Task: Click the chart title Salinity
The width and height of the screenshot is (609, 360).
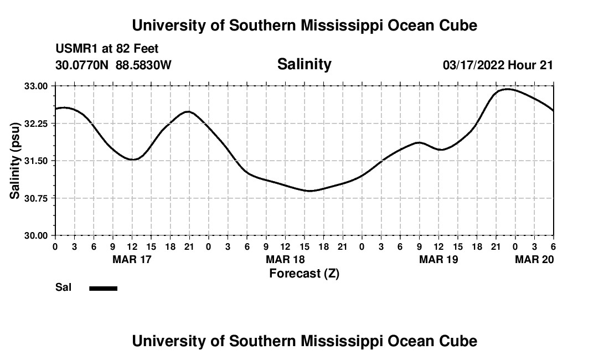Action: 304,64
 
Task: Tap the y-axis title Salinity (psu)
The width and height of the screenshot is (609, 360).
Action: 16,161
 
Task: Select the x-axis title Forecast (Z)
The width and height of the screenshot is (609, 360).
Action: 304,273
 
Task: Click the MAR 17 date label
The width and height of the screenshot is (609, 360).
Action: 132,259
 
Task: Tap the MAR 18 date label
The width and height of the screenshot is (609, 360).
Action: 285,259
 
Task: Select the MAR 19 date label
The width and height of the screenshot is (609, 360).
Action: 438,259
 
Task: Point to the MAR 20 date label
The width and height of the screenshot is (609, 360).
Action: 534,259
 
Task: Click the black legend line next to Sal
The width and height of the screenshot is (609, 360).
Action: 103,288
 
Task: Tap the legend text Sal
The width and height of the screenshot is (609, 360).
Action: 63,287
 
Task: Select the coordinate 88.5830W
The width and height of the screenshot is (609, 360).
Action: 143,65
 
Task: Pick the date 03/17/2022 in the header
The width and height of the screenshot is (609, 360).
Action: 473,65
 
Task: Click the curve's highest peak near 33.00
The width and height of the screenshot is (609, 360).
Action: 508,89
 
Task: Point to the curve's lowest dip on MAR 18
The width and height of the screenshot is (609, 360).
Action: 310,191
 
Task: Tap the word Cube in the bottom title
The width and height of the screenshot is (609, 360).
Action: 460,341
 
